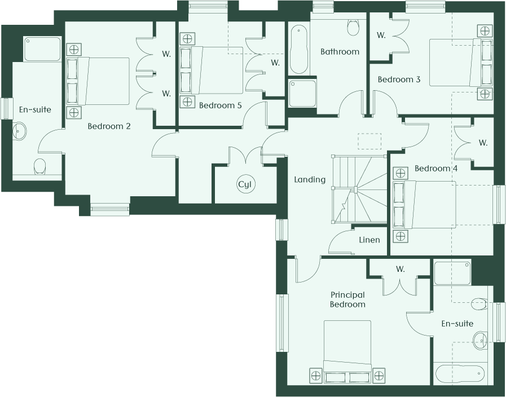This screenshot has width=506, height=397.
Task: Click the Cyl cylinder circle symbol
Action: pyautogui.click(x=245, y=184)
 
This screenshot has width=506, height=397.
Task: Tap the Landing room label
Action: pyautogui.click(x=310, y=180)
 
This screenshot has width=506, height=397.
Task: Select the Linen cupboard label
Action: pyautogui.click(x=369, y=240)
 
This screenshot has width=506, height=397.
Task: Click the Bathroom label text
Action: pyautogui.click(x=340, y=52)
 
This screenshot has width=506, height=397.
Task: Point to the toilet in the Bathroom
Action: pyautogui.click(x=353, y=28)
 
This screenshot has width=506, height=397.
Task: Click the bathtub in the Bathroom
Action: pyautogui.click(x=299, y=49)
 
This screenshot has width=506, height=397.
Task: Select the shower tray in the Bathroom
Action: pyautogui.click(x=302, y=94)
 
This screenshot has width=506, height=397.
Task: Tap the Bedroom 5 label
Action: pyautogui.click(x=220, y=105)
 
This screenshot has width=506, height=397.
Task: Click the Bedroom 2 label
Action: pyautogui.click(x=109, y=126)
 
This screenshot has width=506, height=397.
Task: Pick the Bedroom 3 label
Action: pyautogui.click(x=399, y=80)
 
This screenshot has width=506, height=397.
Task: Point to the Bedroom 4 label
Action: pyautogui.click(x=436, y=169)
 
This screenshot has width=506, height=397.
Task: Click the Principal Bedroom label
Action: pyautogui.click(x=347, y=299)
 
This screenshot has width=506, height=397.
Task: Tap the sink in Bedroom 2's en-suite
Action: pyautogui.click(x=19, y=131)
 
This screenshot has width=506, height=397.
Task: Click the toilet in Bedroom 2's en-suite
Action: pyautogui.click(x=39, y=166)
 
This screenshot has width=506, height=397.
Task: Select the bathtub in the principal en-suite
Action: pyautogui.click(x=460, y=374)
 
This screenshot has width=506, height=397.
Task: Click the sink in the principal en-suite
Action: pyautogui.click(x=480, y=340)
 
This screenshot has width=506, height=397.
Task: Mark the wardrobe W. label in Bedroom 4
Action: pyautogui.click(x=483, y=143)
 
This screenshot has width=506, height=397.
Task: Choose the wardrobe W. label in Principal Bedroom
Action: pyautogui.click(x=400, y=268)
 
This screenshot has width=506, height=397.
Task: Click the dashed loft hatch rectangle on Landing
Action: pyautogui.click(x=369, y=141)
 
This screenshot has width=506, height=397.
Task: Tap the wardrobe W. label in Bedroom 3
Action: pyautogui.click(x=381, y=35)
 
